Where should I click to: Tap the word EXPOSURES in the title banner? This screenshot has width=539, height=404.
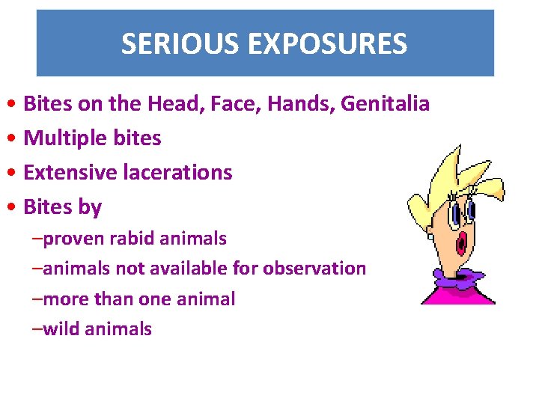324,44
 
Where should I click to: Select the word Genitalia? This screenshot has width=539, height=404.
385,103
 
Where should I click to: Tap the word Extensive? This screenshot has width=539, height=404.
67,172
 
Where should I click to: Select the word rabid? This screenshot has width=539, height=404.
129,239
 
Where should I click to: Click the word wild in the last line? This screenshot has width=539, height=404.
61,328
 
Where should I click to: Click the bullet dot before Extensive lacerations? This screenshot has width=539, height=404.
15,173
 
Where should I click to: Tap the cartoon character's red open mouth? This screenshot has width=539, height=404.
463,241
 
